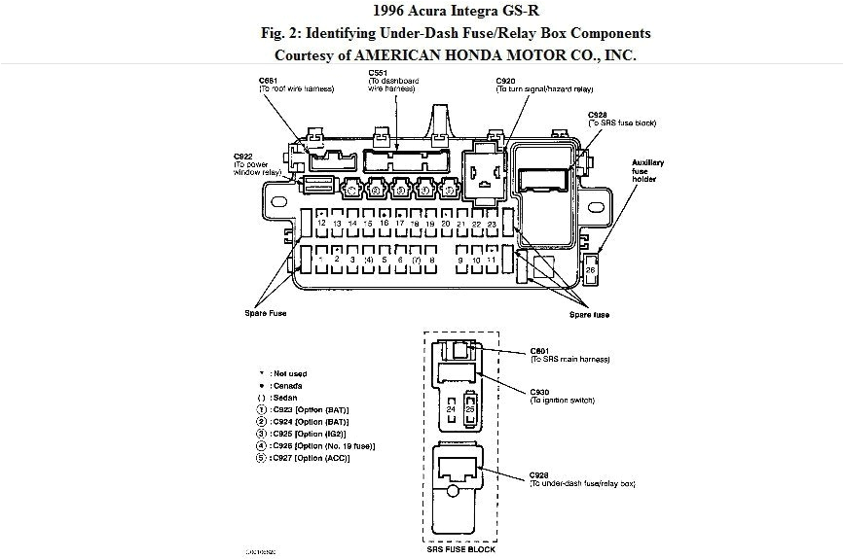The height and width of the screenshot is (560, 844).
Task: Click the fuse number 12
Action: (321, 224)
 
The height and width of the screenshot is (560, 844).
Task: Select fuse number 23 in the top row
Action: (493, 224)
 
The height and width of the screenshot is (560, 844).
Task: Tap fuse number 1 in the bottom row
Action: (321, 260)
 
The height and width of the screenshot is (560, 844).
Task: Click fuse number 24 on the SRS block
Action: (451, 409)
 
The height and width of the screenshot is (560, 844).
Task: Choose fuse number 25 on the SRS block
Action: (470, 409)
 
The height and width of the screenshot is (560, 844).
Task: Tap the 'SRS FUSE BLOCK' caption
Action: (460, 549)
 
